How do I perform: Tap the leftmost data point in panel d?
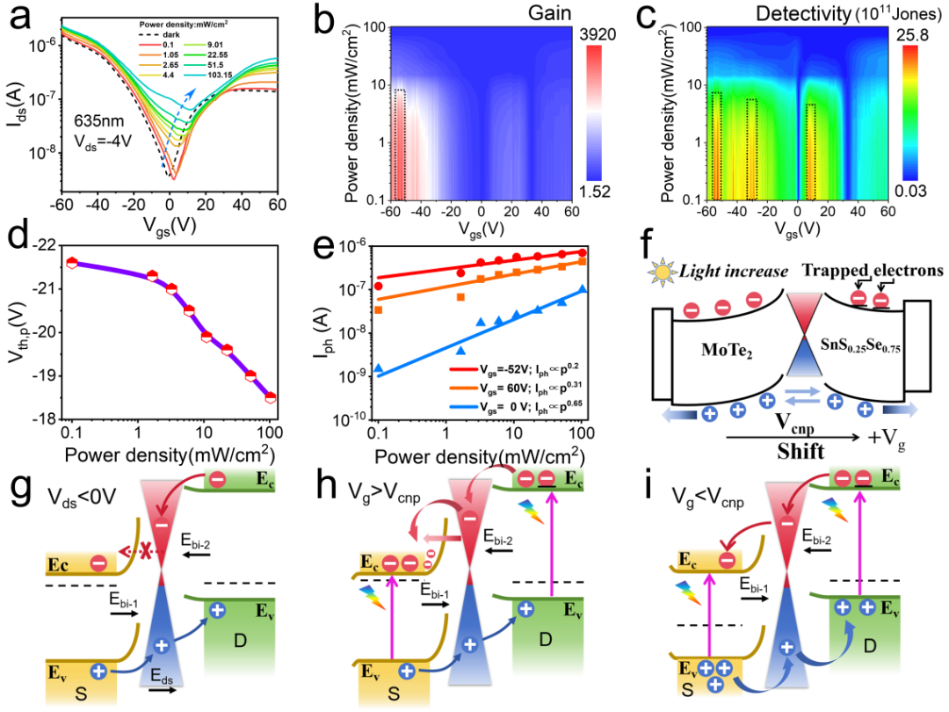[72, 263]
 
